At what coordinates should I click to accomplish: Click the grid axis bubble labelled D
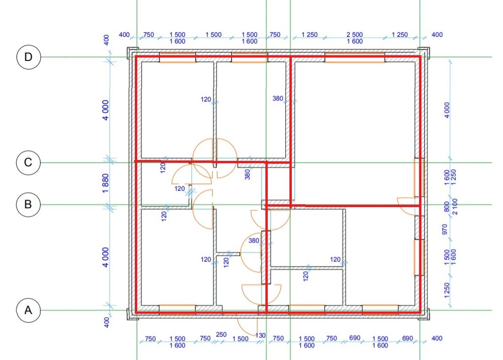(x=29, y=57)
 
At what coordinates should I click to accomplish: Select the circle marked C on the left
(x=28, y=163)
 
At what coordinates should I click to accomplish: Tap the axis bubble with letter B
(x=28, y=204)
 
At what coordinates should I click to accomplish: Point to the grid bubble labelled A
(x=28, y=310)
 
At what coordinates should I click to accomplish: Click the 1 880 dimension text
(x=106, y=183)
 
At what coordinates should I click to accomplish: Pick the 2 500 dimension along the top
(x=355, y=34)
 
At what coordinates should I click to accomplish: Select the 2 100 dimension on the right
(x=455, y=206)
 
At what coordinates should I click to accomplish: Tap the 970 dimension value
(x=445, y=229)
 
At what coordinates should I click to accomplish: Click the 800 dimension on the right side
(x=447, y=206)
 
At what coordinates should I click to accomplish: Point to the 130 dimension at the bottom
(x=261, y=336)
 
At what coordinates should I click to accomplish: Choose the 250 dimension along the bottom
(x=221, y=335)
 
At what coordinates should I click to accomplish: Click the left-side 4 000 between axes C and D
(x=106, y=110)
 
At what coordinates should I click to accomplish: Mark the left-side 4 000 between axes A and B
(x=106, y=257)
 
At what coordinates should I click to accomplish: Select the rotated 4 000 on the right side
(x=447, y=110)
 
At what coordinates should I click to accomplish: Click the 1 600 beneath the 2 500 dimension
(x=355, y=41)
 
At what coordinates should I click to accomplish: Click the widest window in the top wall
(x=355, y=57)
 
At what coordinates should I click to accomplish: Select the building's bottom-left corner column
(x=132, y=314)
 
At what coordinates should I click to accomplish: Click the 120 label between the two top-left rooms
(x=206, y=100)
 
